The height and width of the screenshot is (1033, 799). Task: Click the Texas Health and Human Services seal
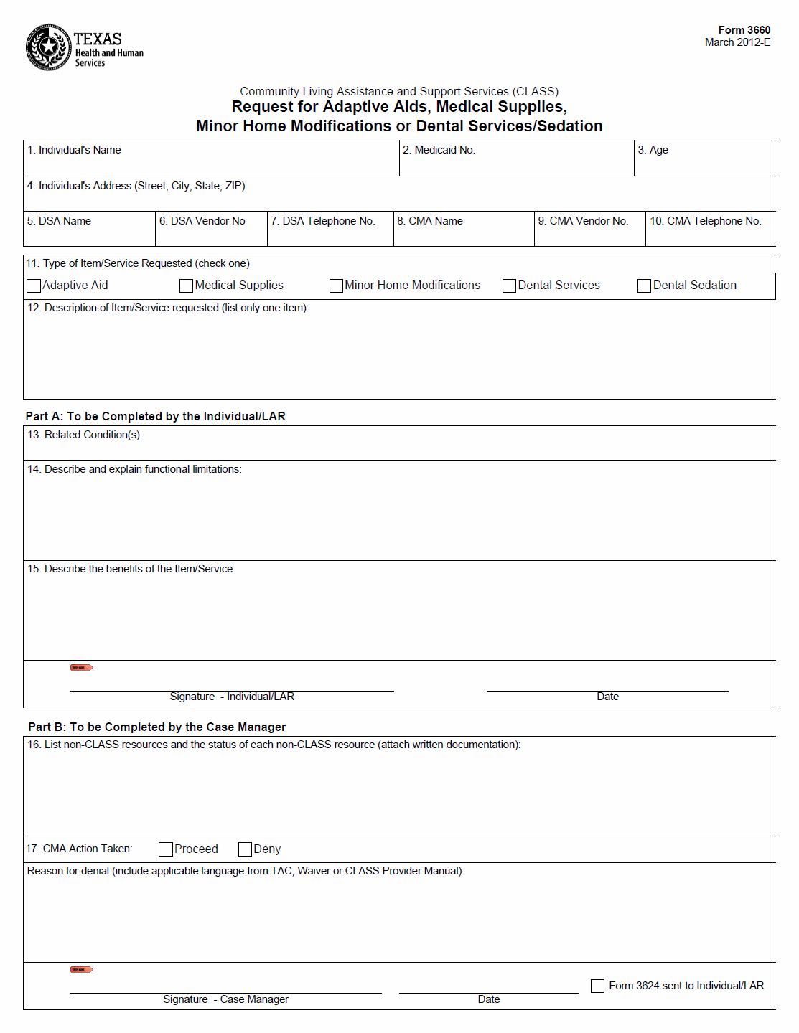(x=48, y=47)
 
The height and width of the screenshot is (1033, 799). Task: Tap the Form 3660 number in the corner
(x=744, y=30)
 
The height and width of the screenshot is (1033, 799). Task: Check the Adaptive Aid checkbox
(x=34, y=286)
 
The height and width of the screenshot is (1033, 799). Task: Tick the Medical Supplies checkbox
(x=186, y=286)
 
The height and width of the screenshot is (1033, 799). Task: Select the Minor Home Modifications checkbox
(x=336, y=286)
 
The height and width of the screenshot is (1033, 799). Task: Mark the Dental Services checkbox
(x=509, y=286)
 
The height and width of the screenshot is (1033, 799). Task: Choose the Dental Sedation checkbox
(x=644, y=286)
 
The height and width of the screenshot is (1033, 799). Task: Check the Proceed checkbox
(x=166, y=849)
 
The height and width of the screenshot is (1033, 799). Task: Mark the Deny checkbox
(x=245, y=849)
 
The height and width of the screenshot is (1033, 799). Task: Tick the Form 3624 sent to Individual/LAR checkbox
(x=597, y=986)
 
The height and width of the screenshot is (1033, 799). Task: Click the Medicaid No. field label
(x=439, y=150)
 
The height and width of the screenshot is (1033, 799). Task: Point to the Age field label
(x=653, y=150)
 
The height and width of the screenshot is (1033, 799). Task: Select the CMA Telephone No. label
(x=705, y=221)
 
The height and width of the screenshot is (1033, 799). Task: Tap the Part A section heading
(x=156, y=416)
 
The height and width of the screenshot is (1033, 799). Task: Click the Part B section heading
(x=157, y=727)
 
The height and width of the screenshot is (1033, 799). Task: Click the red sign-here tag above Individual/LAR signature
(x=82, y=668)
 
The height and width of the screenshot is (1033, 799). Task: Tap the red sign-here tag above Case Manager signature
(x=82, y=970)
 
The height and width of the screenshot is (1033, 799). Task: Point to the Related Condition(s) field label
(x=85, y=435)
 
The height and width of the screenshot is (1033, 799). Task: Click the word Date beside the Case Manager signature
(x=489, y=999)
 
